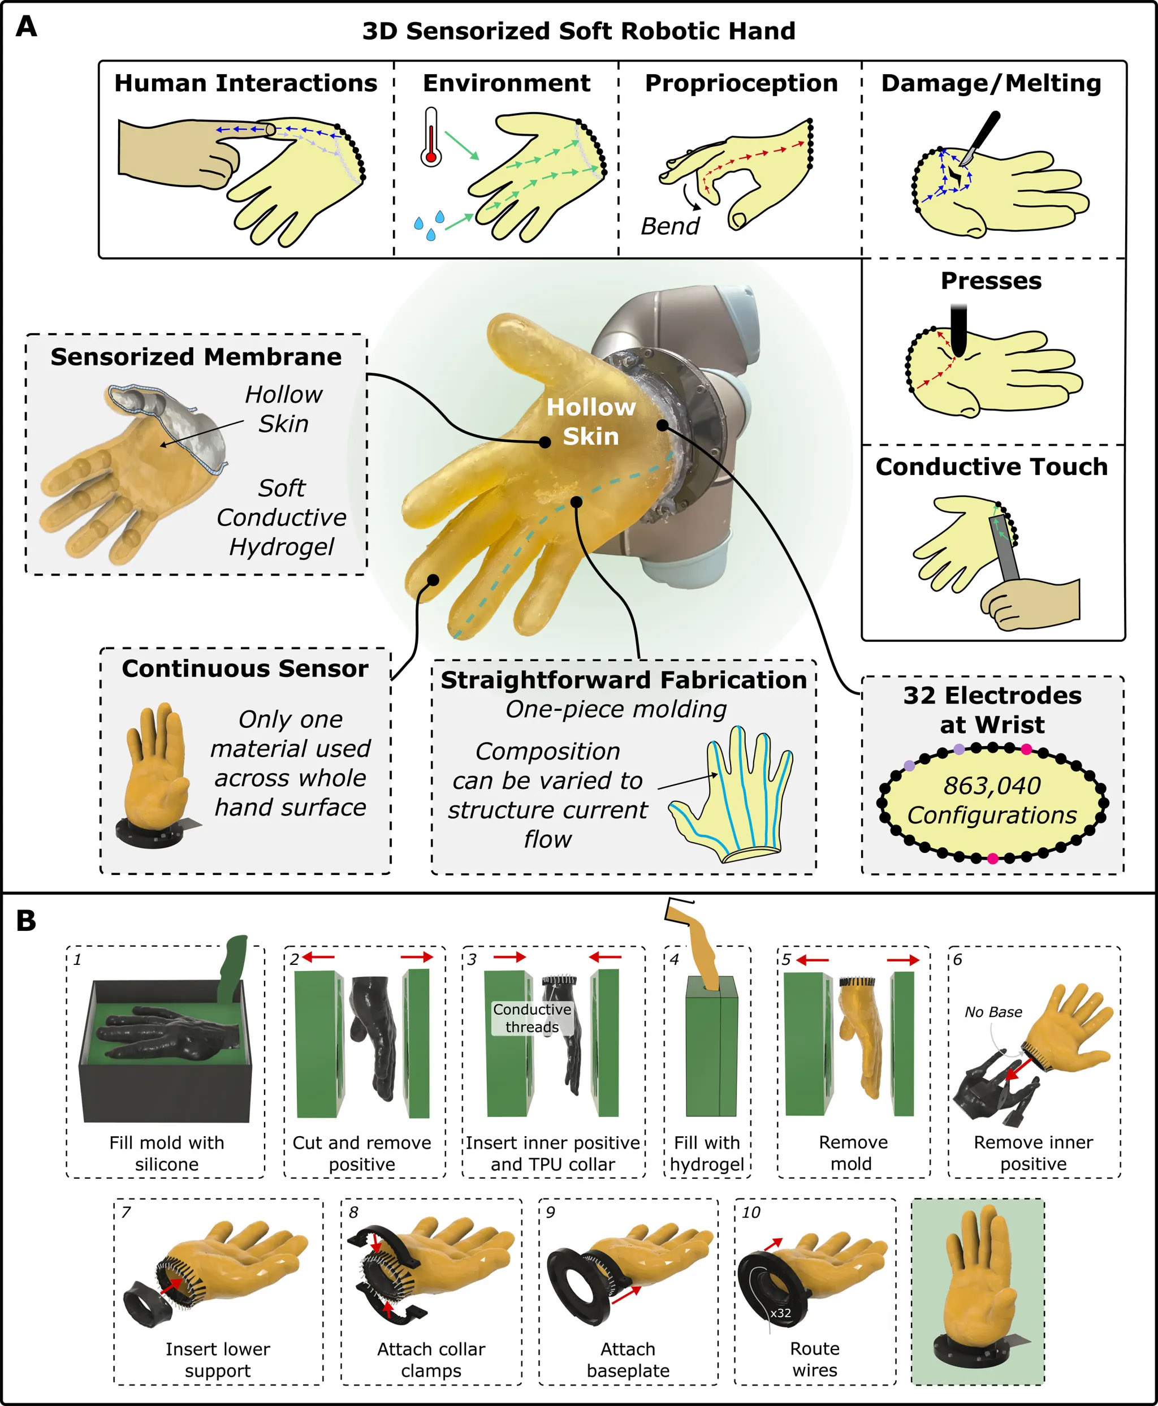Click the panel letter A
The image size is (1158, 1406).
pyautogui.click(x=26, y=27)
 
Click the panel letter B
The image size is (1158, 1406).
pyautogui.click(x=26, y=921)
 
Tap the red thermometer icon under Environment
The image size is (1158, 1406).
pyautogui.click(x=431, y=139)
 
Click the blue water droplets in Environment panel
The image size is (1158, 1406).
pyautogui.click(x=429, y=226)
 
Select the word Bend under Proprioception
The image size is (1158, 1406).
pyautogui.click(x=669, y=227)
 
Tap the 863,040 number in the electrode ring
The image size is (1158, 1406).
pyautogui.click(x=992, y=786)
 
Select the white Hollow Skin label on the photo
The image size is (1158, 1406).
pyautogui.click(x=591, y=421)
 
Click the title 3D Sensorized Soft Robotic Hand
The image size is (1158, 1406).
pyautogui.click(x=578, y=31)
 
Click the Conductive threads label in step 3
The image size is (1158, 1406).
pyautogui.click(x=532, y=1017)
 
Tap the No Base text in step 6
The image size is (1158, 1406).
pyautogui.click(x=993, y=1012)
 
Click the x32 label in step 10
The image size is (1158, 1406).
pyautogui.click(x=780, y=1313)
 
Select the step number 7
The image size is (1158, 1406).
pyautogui.click(x=126, y=1212)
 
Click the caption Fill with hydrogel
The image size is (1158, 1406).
pyautogui.click(x=707, y=1153)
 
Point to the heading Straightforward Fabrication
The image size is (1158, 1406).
pyautogui.click(x=624, y=680)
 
